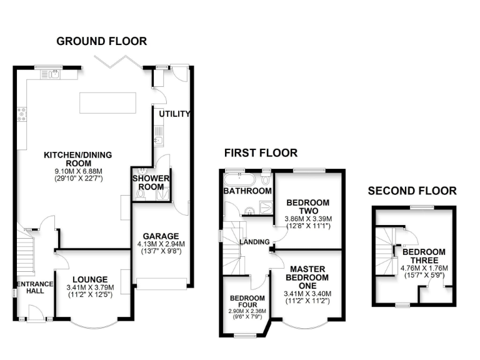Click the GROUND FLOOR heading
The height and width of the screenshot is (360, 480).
tap(102, 42)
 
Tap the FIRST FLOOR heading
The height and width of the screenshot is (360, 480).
tap(261, 153)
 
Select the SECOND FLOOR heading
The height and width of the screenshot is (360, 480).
tap(412, 191)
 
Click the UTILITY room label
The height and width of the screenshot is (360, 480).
tap(174, 114)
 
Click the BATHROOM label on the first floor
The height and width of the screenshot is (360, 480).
tap(248, 191)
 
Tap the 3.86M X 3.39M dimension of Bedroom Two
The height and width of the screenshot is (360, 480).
tap(308, 219)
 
